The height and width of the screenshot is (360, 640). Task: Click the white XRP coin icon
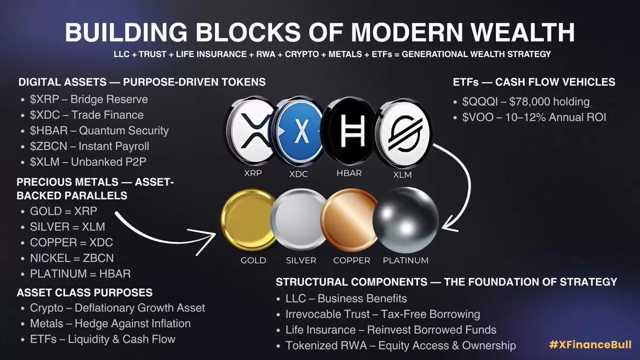pos(250,131)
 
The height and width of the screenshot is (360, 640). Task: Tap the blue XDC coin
pos(299,131)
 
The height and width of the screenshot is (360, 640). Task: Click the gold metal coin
pos(249,220)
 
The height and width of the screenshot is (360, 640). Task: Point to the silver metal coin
pos(299,219)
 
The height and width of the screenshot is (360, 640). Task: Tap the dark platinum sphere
pos(406,220)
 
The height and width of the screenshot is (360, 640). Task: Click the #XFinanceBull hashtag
pos(590,345)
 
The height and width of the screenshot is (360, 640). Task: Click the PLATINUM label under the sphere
pos(406,260)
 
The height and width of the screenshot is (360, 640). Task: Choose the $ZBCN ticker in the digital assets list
pos(49,146)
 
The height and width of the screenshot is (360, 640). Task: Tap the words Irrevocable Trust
pos(327,314)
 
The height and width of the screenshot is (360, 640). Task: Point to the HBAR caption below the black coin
pos(349,173)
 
